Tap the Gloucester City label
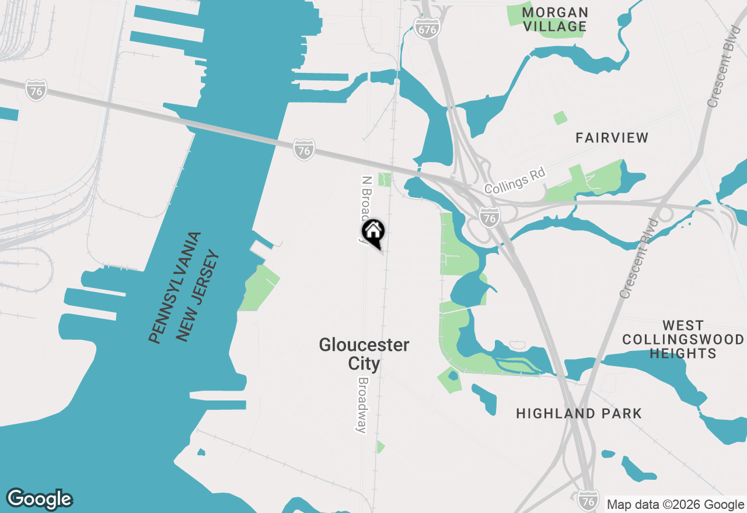click(364, 354)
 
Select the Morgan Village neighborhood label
click(554, 19)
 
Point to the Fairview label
click(612, 138)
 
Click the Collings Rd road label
click(515, 181)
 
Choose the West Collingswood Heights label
click(683, 339)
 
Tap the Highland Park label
click(579, 414)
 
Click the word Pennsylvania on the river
click(175, 288)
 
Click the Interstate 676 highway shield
click(427, 27)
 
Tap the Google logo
click(40, 499)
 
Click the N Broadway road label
click(366, 204)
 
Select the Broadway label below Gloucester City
click(363, 405)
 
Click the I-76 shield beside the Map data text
click(588, 500)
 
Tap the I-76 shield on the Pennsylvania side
click(36, 90)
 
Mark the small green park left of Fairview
click(560, 118)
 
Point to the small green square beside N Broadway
click(384, 180)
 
